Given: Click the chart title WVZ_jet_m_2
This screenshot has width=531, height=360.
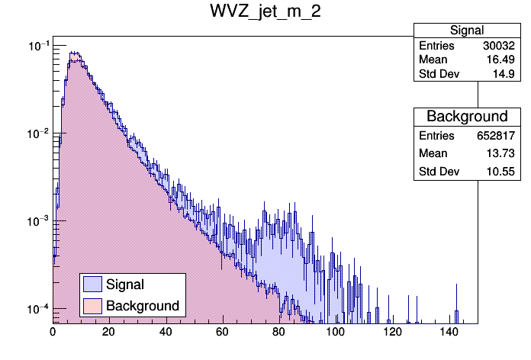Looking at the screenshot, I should point(265,15).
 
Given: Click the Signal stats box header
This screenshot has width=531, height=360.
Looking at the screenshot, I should point(466,31).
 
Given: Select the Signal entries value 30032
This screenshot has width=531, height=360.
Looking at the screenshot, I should point(499,46).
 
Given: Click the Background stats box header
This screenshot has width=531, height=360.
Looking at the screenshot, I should point(466,117).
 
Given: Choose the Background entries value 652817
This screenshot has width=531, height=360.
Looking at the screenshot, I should point(495,135).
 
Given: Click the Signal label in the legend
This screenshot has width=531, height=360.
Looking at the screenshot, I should point(125,284).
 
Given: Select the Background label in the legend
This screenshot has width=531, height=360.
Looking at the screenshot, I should point(142,305).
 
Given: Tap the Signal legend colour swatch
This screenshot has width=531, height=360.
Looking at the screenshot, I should point(92,284).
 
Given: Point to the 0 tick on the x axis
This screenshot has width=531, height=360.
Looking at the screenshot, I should point(53,332).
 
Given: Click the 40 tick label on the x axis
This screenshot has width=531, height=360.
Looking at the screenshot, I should point(166,332).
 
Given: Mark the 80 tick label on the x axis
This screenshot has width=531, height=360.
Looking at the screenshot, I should point(279,332).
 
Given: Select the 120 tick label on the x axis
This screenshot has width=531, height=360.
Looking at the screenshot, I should point(392,332).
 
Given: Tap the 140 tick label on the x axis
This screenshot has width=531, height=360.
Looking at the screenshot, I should point(449,332).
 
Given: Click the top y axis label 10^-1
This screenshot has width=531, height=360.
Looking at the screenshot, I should point(37,47).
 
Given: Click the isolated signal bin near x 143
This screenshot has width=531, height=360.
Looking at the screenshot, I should point(456,317).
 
